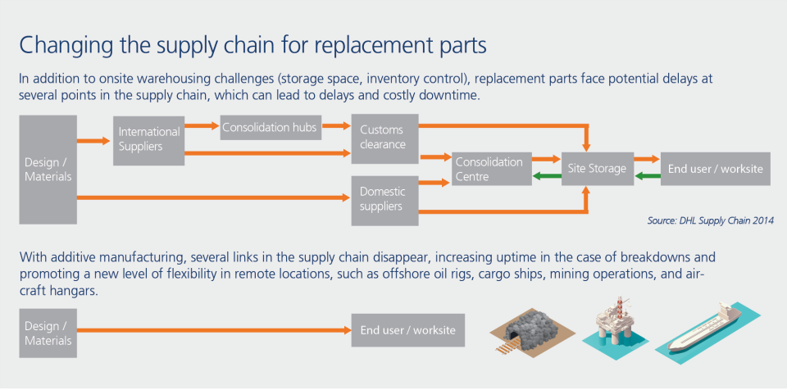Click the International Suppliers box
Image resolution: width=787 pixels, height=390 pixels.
tap(148, 140)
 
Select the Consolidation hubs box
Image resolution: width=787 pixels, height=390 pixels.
tap(269, 127)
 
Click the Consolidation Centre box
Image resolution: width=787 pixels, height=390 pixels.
tap(489, 169)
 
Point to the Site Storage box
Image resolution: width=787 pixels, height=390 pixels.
tap(597, 169)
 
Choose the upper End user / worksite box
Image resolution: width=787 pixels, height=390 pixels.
tap(715, 169)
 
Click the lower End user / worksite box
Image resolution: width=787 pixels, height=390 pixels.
tap(407, 331)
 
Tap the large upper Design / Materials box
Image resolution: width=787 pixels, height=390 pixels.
tap(48, 169)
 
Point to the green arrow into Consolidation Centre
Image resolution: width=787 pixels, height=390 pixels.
tap(544, 176)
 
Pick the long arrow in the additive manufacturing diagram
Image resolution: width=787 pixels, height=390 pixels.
tap(213, 331)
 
